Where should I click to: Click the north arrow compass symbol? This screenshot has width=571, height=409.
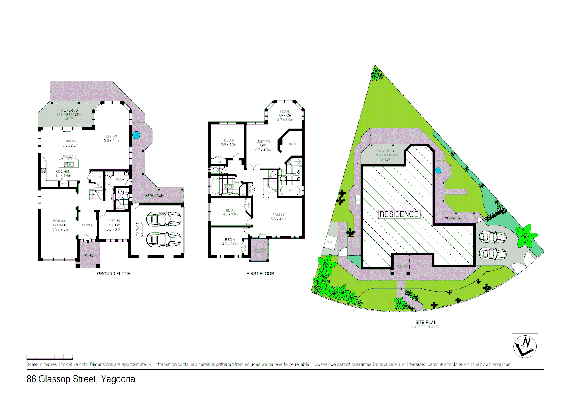pyautogui.click(x=525, y=347)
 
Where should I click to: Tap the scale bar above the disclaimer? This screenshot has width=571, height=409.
pyautogui.click(x=49, y=357)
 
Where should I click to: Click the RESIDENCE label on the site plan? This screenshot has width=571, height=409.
pyautogui.click(x=399, y=214)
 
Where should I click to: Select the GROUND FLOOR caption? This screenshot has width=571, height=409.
pyautogui.click(x=114, y=273)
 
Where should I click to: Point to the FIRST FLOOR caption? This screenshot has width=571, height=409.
pyautogui.click(x=260, y=273)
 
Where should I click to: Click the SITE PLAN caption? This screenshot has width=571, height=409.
pyautogui.click(x=426, y=323)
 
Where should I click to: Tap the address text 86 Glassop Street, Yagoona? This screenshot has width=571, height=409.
pyautogui.click(x=81, y=379)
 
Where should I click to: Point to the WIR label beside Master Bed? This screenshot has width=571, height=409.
pyautogui.click(x=292, y=144)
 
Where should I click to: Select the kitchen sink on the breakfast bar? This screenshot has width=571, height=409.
pyautogui.click(x=69, y=164)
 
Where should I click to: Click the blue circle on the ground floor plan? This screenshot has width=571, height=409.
pyautogui.click(x=135, y=135)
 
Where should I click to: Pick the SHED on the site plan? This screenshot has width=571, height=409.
pyautogui.click(x=330, y=242)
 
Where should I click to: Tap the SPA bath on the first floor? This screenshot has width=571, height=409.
pyautogui.click(x=291, y=190)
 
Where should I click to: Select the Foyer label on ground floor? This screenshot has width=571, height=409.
pyautogui.click(x=88, y=225)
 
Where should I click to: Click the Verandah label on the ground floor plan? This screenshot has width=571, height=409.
pyautogui.click(x=154, y=196)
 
